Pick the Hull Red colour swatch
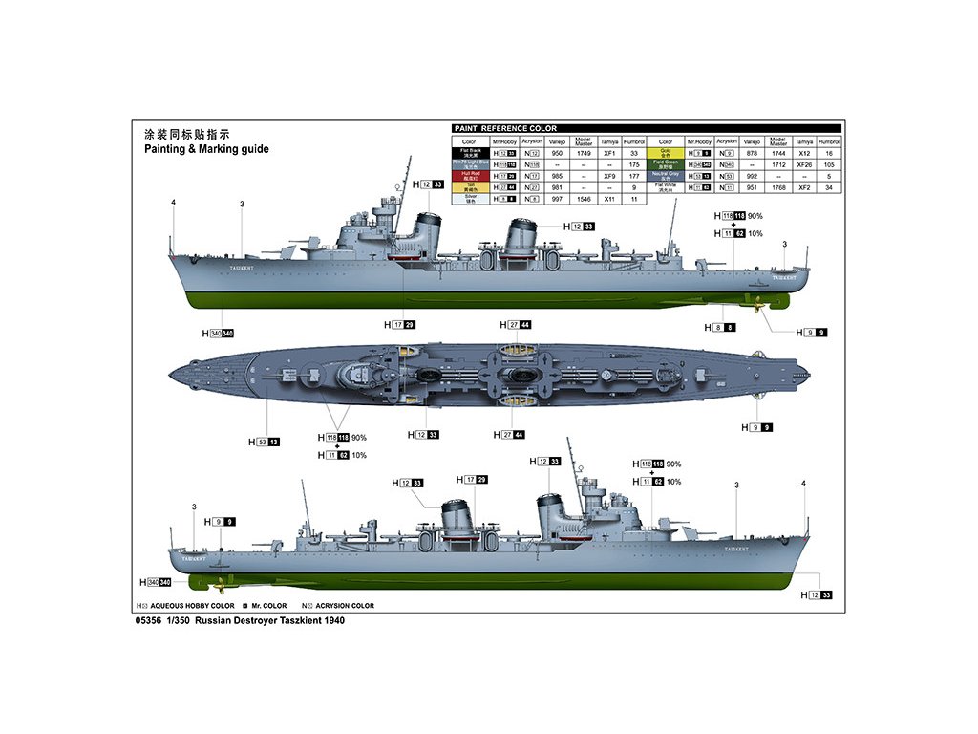click(x=470, y=176)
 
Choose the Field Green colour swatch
click(x=666, y=164)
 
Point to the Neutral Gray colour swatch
click(x=666, y=176)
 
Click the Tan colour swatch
click(x=470, y=187)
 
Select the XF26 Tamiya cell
click(x=804, y=164)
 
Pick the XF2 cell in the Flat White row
click(x=804, y=187)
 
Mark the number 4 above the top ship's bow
click(x=173, y=203)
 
